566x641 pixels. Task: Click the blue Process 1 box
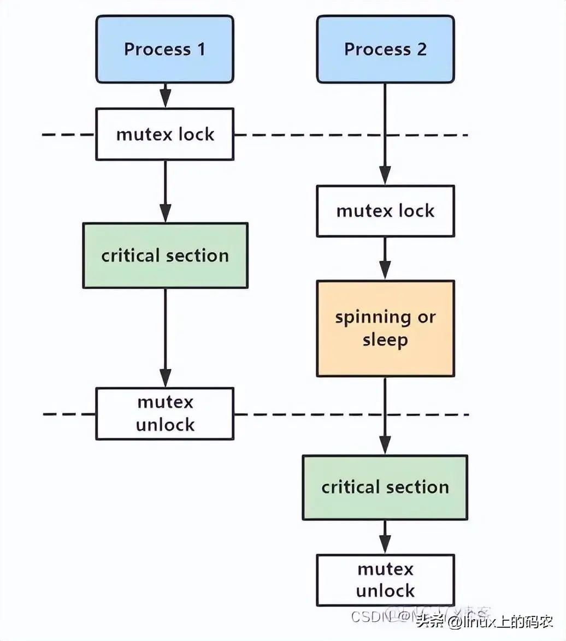[x=164, y=49]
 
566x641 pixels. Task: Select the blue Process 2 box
[x=385, y=49]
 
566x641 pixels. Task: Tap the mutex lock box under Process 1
[x=164, y=134]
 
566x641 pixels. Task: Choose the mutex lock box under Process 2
[x=385, y=211]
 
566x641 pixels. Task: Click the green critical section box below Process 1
[x=164, y=256]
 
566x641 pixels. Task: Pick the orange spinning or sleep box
[x=385, y=329]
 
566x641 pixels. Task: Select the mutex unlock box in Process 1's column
[x=164, y=414]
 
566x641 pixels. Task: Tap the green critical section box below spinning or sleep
[x=385, y=487]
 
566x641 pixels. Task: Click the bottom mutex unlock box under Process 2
[x=385, y=580]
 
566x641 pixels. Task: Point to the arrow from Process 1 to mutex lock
[x=164, y=96]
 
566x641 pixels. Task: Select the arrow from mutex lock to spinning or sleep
[x=385, y=258]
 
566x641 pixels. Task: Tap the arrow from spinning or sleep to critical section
[x=385, y=415]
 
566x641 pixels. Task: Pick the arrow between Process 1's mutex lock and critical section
[x=164, y=191]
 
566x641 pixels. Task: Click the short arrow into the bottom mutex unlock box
[x=385, y=537]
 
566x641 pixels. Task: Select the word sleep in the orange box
[x=385, y=340]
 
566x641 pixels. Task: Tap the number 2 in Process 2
[x=421, y=49]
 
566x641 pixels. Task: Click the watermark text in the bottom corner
[x=484, y=621]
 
